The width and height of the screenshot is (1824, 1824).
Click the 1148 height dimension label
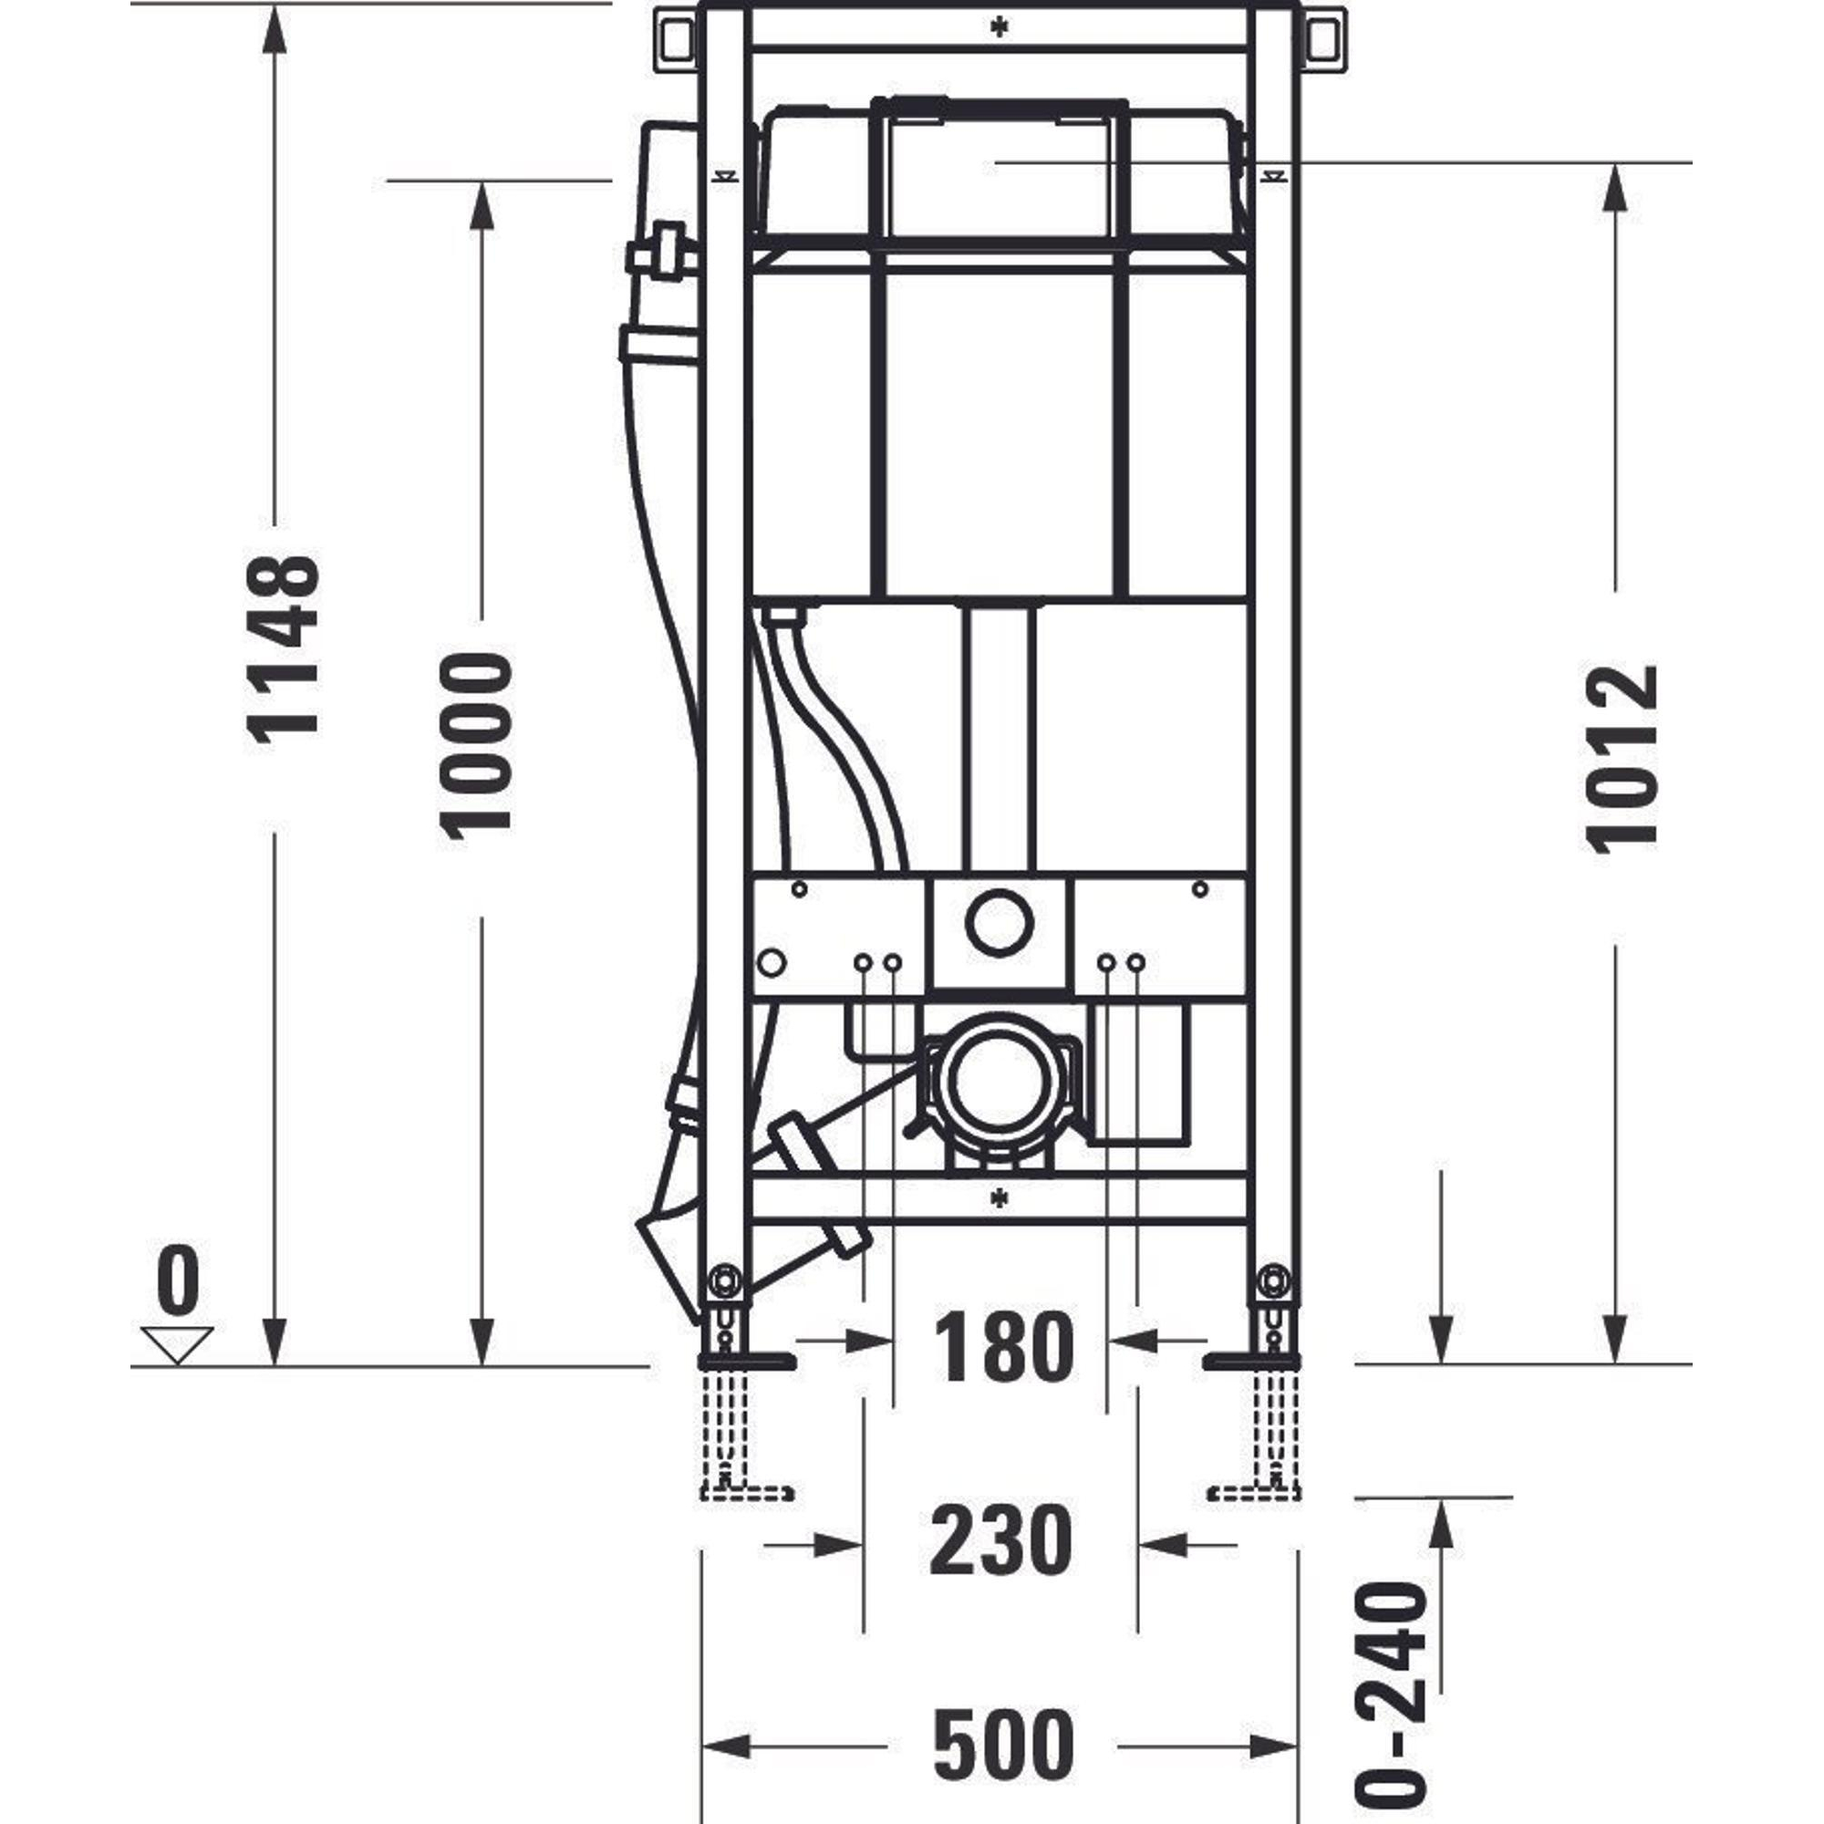click(283, 650)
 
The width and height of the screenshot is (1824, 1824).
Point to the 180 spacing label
click(1003, 1346)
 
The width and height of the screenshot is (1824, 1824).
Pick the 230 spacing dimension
click(1001, 1539)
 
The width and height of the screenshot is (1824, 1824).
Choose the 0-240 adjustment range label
click(1391, 1695)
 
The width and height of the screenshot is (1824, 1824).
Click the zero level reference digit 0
click(179, 1280)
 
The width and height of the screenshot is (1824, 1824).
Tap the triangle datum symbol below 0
click(177, 1344)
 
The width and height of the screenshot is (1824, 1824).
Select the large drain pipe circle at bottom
click(1000, 1083)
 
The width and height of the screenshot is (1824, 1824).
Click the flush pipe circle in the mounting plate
click(999, 921)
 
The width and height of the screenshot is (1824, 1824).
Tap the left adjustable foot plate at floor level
click(747, 1361)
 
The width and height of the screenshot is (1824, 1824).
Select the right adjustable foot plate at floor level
click(1253, 1361)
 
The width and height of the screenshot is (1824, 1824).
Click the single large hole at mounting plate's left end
click(772, 963)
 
